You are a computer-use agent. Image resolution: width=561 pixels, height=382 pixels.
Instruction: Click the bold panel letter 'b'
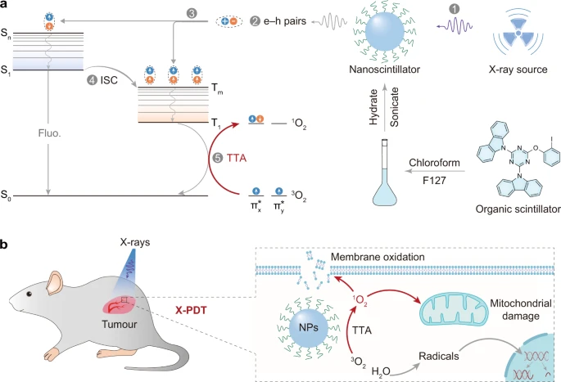pos(6,245)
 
